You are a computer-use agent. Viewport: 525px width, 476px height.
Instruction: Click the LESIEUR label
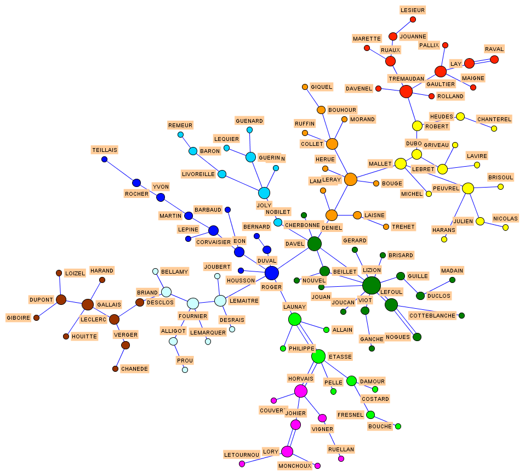point(413,10)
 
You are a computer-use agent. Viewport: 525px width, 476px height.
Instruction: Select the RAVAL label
point(494,49)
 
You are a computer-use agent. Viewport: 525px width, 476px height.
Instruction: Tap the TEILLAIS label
point(105,150)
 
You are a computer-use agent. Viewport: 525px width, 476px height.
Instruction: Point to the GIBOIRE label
point(18,318)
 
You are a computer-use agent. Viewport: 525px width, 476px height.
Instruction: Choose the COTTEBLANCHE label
point(432,315)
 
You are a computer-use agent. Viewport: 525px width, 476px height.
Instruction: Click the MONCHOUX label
point(294,466)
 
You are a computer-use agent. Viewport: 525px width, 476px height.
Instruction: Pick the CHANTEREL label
point(494,119)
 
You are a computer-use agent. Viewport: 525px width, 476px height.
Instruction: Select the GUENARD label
point(249,121)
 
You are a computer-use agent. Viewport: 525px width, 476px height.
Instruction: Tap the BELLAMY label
point(174,271)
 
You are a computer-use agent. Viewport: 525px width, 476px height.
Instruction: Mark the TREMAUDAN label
point(406,78)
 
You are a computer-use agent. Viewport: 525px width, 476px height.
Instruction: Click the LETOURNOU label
point(242,455)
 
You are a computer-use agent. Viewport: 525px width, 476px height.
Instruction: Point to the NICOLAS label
point(505,218)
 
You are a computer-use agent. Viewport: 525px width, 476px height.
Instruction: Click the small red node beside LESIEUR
point(413,20)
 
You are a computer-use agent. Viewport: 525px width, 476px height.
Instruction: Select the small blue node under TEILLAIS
point(104,160)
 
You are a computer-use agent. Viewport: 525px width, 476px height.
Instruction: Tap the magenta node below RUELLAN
point(341,458)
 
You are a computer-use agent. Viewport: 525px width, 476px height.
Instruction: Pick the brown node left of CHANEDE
point(115,369)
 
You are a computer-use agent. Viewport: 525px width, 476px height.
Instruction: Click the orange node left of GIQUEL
point(305,87)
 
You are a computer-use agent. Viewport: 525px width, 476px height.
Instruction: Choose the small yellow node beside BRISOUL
point(500,186)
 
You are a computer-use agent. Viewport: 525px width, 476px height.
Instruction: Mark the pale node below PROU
point(185,370)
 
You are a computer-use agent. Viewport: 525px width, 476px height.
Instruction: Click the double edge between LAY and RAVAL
point(482,61)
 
